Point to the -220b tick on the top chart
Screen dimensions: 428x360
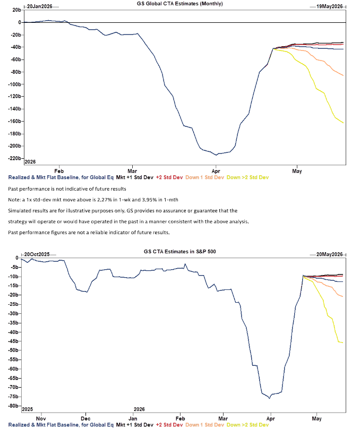click(x=14, y=158)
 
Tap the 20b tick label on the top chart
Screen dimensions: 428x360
click(x=16, y=10)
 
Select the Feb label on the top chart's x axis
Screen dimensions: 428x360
click(x=58, y=172)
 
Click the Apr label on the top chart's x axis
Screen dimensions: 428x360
click(x=216, y=172)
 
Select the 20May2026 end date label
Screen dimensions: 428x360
click(x=330, y=255)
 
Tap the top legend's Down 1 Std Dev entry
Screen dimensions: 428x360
click(x=204, y=177)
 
